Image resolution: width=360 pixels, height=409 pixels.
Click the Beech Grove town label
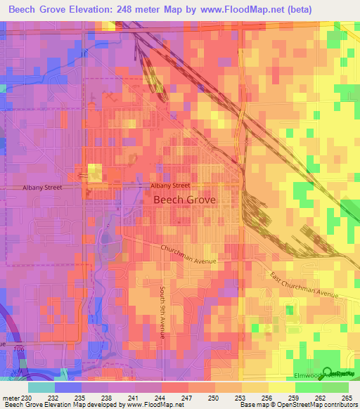(x=185, y=200)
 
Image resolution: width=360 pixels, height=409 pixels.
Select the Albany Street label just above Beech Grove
(x=170, y=186)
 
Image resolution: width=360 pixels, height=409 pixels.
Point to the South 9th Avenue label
(x=161, y=311)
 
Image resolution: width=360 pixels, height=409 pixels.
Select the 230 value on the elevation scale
(x=27, y=398)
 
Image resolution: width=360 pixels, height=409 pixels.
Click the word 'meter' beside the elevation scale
(x=11, y=398)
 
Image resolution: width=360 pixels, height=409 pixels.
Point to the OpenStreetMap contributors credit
(x=311, y=405)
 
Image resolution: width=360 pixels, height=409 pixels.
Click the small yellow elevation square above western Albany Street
(x=94, y=171)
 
